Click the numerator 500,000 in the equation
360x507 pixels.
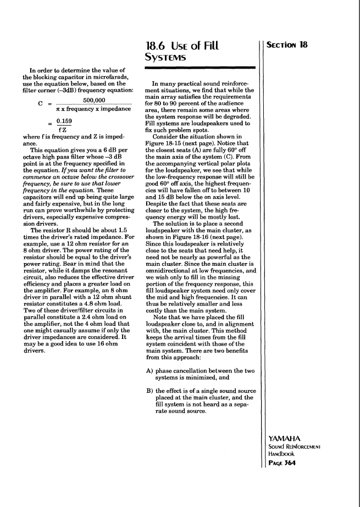tap(96, 101)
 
